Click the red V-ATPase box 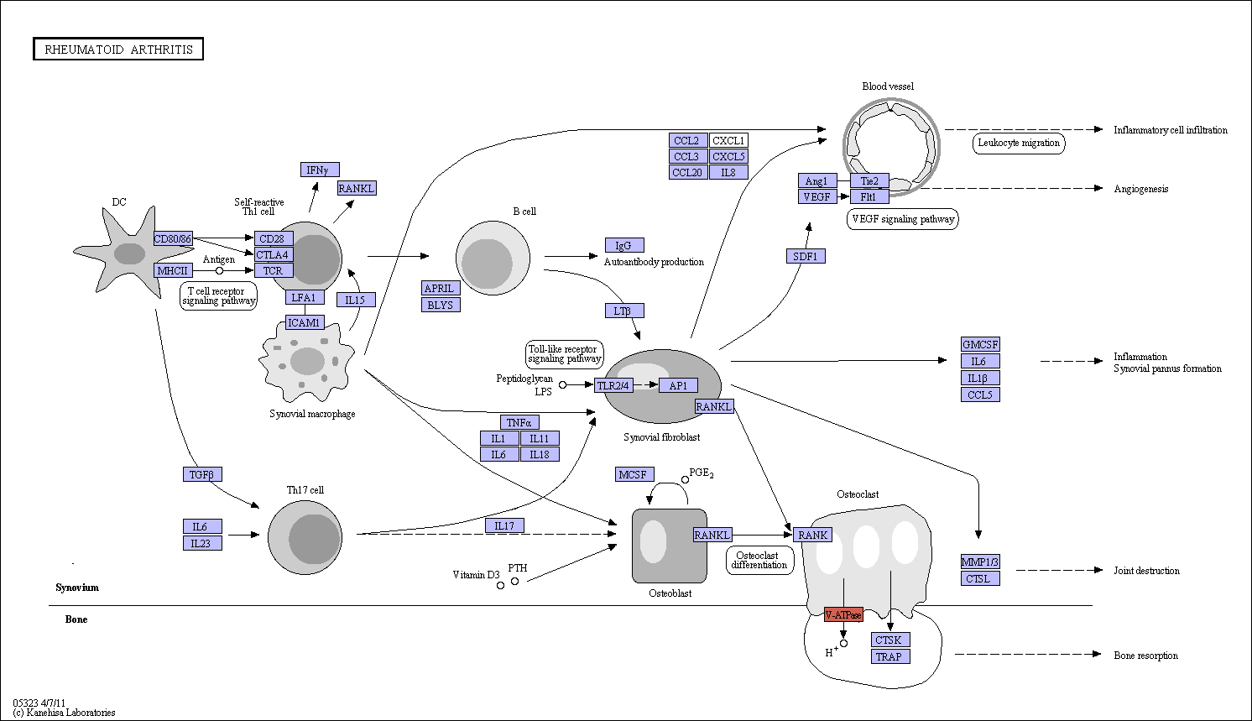(x=843, y=614)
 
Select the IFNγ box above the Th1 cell (x=320, y=170)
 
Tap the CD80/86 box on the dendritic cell (x=173, y=238)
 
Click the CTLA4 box (x=274, y=255)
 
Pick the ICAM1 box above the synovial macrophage (x=305, y=322)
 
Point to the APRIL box (x=441, y=289)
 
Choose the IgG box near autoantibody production (x=624, y=245)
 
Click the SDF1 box (x=806, y=256)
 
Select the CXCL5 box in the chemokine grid (x=728, y=156)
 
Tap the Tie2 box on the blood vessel (x=869, y=180)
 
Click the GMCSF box (x=980, y=344)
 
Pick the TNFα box (x=519, y=422)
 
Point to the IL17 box (x=504, y=525)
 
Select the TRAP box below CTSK (x=890, y=656)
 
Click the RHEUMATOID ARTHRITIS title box (x=118, y=50)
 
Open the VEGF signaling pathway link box (x=903, y=219)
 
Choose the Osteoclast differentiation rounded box (x=759, y=560)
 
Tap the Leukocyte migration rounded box (x=1019, y=143)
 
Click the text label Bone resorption (x=1145, y=656)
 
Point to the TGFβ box (x=202, y=474)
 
